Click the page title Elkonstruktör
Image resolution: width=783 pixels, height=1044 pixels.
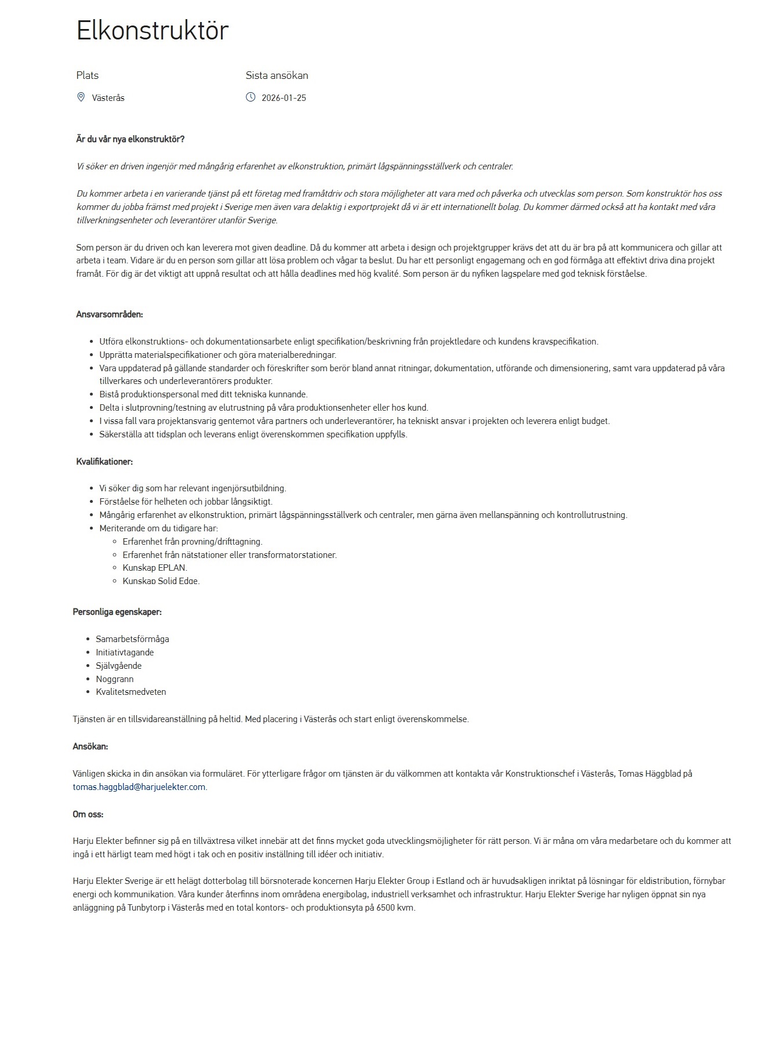153,31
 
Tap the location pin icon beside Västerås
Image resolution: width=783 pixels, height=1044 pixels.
81,97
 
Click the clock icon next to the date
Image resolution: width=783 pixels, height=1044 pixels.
251,97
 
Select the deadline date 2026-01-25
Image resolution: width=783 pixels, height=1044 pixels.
284,98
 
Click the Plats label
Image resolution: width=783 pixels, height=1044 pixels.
88,75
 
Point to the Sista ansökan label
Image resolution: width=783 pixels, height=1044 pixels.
277,75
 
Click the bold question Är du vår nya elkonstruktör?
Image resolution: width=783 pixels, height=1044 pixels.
130,139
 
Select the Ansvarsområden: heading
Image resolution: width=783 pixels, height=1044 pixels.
110,314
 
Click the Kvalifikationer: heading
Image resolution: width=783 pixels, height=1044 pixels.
104,462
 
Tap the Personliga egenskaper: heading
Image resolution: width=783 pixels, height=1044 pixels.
117,612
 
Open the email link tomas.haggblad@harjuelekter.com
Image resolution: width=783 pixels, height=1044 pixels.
139,787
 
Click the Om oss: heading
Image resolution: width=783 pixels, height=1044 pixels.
88,814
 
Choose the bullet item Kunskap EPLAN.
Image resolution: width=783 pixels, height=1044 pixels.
155,568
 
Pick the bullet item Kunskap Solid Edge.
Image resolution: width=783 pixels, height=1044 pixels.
161,581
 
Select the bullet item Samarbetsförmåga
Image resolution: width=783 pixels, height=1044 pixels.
132,639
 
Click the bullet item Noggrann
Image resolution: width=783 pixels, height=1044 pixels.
115,679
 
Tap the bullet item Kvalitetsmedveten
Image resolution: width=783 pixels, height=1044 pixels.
131,692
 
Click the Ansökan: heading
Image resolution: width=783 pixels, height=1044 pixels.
90,746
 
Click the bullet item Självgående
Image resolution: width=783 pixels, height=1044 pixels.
119,666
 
